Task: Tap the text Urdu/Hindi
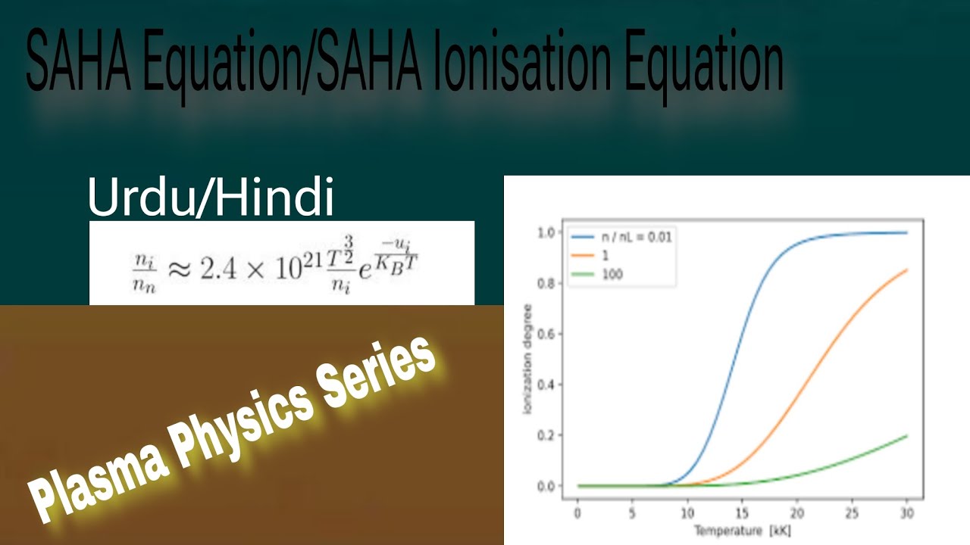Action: click(x=211, y=199)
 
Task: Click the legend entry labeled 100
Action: click(x=612, y=274)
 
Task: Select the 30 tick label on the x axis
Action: click(x=906, y=513)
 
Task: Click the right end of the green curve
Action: click(x=906, y=436)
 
